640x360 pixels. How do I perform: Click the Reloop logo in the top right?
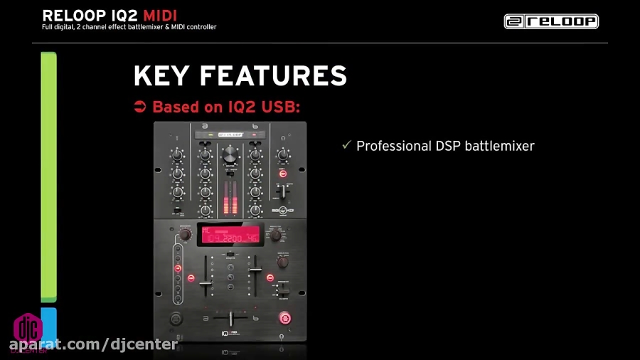[x=551, y=21]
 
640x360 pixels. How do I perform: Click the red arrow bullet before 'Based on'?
[x=140, y=107]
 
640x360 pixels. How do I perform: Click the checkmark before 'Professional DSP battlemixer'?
[x=346, y=145]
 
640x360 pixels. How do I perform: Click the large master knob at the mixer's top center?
[x=230, y=154]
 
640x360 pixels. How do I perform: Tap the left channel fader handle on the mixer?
[x=206, y=283]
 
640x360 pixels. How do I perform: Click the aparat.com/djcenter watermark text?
[x=93, y=345]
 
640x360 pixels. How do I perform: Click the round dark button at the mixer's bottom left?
[x=174, y=318]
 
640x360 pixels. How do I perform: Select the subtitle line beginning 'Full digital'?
[x=129, y=28]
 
